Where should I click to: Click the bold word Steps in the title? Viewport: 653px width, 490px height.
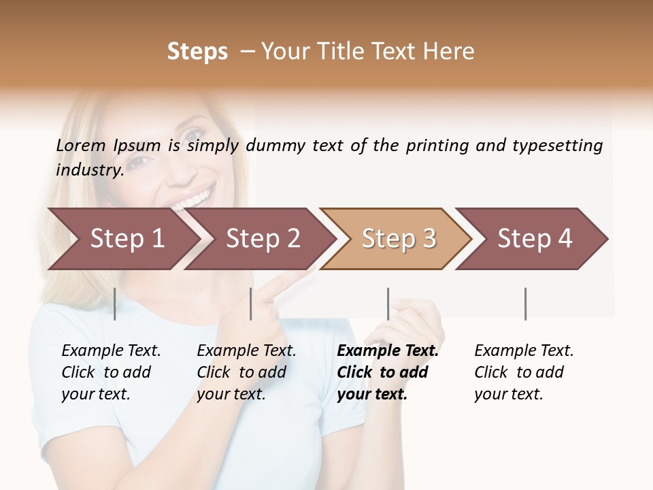pos(197,52)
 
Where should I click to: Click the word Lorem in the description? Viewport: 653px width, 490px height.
pos(81,146)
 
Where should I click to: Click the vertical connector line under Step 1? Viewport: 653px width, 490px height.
pos(114,304)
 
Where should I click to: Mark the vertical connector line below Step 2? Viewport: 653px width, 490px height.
pos(251,304)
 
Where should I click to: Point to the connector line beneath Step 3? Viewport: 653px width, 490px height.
pos(388,304)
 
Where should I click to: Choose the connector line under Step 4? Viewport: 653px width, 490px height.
pos(525,304)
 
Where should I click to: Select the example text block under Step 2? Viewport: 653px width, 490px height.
pos(246,372)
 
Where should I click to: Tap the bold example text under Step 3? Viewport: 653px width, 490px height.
pos(387,372)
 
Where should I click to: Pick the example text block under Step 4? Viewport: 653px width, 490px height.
pos(523,372)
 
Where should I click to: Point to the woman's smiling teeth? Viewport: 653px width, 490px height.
pos(192,199)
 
